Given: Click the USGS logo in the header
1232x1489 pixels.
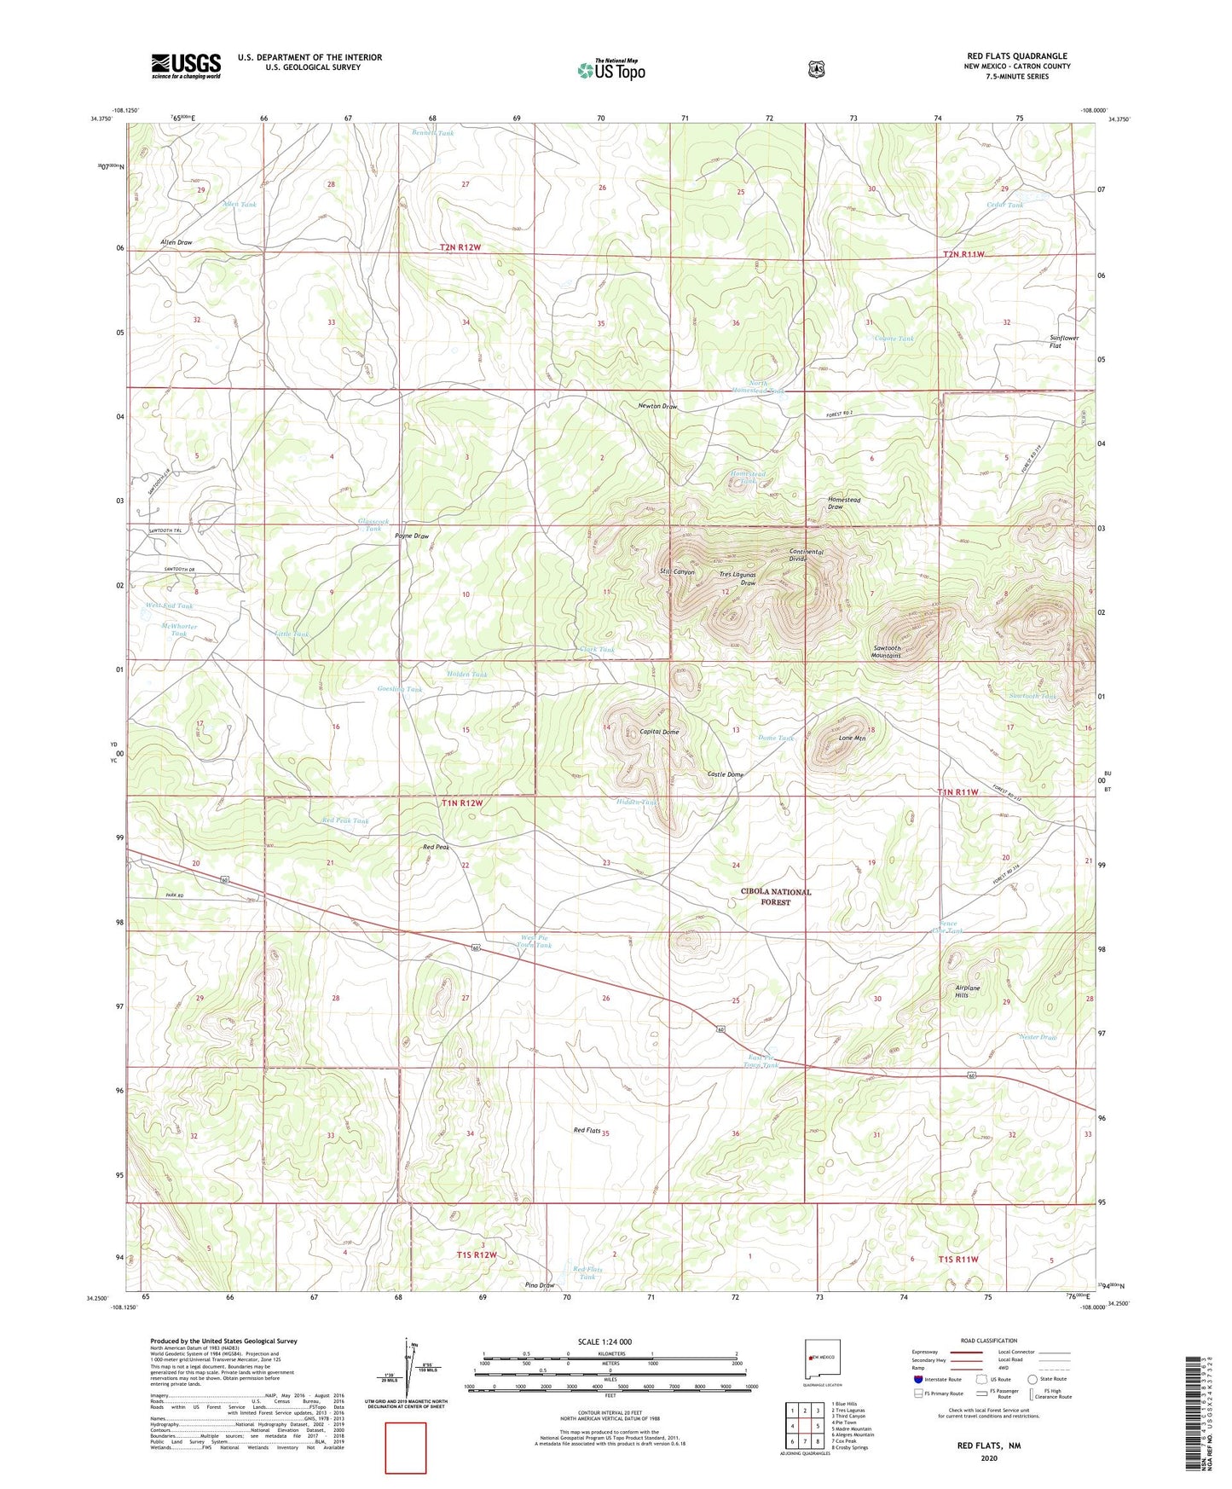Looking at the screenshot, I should click(x=186, y=66).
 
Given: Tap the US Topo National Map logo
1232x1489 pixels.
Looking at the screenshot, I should click(x=610, y=70).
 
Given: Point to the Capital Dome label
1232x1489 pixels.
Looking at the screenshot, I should click(x=659, y=733).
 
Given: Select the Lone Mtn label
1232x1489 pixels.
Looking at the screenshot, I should click(x=852, y=739).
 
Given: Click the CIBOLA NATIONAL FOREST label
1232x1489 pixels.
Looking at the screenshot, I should click(x=776, y=896).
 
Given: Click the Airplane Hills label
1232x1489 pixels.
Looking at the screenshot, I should click(x=967, y=991).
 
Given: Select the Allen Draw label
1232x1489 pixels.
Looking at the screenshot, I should click(x=176, y=243).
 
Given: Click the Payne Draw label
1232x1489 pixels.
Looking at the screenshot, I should click(x=411, y=536).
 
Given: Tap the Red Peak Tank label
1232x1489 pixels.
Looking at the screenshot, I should click(x=345, y=821).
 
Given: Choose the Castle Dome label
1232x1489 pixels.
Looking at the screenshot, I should click(x=726, y=774).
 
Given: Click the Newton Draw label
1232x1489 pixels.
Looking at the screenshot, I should click(x=657, y=407).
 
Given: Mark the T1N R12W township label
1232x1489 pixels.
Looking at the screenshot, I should click(x=462, y=803).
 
